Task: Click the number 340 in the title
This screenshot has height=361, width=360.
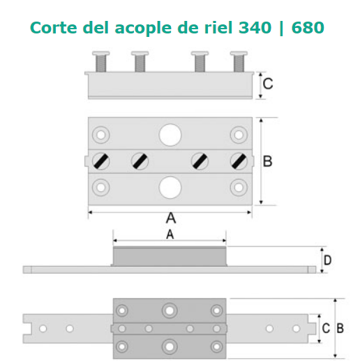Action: click(x=255, y=28)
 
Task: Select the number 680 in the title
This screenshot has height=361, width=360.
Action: click(x=308, y=28)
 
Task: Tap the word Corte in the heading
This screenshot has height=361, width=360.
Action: click(x=54, y=28)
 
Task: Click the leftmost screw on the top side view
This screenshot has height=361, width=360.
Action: click(x=101, y=61)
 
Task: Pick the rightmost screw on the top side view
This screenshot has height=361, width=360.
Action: click(x=239, y=61)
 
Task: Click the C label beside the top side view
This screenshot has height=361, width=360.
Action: click(x=268, y=84)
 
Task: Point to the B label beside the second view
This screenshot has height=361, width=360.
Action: click(x=267, y=161)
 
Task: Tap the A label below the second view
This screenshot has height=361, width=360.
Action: click(x=171, y=218)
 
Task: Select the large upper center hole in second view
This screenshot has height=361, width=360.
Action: click(x=170, y=135)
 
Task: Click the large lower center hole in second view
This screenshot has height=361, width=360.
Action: click(x=170, y=187)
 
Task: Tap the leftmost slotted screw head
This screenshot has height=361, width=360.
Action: click(x=101, y=161)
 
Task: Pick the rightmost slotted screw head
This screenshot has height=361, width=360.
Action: click(x=239, y=161)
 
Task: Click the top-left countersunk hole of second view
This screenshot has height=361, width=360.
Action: click(x=101, y=135)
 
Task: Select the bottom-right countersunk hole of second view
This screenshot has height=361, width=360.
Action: click(x=239, y=187)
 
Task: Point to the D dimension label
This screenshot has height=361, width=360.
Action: click(x=327, y=260)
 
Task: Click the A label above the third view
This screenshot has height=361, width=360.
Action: click(x=170, y=234)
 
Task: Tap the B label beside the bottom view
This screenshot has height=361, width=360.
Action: click(x=340, y=328)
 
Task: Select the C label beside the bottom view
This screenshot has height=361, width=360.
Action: click(x=326, y=328)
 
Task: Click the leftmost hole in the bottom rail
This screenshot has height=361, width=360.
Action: click(x=43, y=329)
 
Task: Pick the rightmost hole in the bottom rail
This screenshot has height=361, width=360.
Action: click(x=297, y=329)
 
